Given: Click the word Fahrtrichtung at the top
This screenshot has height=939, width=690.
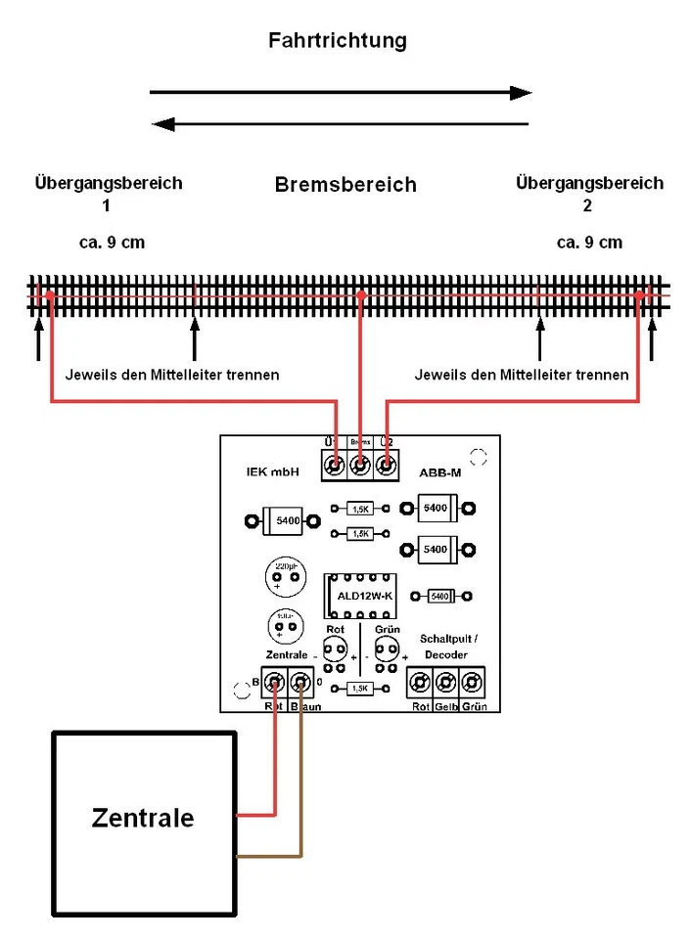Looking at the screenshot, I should (338, 41).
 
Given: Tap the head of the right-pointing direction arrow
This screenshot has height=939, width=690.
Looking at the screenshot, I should (522, 93).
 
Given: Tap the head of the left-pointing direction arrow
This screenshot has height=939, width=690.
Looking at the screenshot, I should (163, 124).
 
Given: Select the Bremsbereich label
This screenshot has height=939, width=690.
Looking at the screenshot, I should (345, 185).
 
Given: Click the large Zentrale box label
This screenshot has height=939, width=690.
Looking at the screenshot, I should (143, 818).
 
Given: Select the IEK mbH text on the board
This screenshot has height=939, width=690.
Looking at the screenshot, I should (272, 472).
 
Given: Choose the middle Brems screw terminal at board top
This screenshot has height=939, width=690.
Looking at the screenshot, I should (360, 466).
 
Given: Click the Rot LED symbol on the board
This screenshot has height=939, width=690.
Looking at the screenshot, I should (335, 649).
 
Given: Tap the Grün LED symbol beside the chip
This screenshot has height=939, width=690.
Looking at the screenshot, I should (388, 649).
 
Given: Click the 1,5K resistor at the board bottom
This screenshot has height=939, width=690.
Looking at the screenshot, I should (360, 690).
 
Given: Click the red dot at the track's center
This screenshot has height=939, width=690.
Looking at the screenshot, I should (360, 294).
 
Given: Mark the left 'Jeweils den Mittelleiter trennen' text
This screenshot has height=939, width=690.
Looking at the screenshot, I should (171, 375).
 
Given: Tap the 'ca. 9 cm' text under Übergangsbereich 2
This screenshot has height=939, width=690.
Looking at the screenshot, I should (589, 243).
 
